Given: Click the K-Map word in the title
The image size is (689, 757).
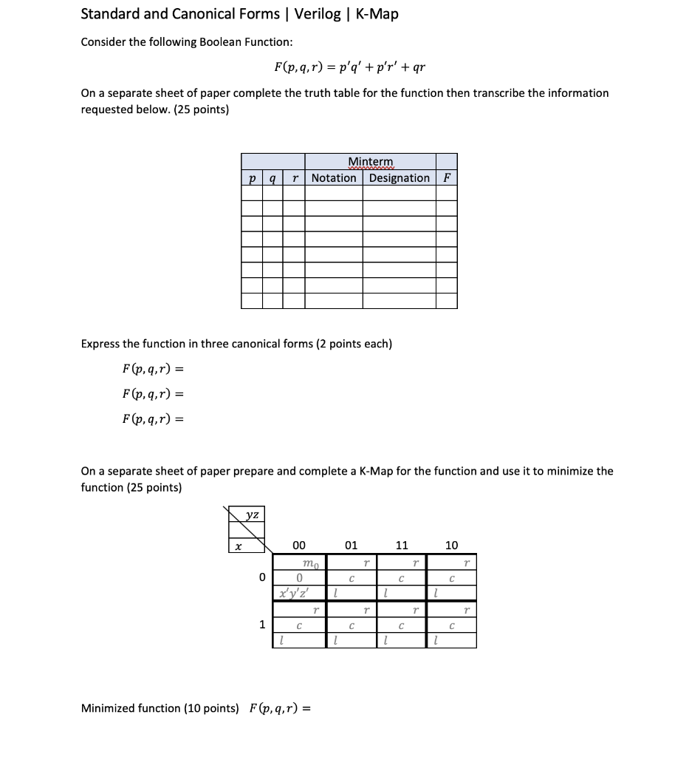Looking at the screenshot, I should tap(377, 14).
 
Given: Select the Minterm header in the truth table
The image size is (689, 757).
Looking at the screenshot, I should tap(371, 162).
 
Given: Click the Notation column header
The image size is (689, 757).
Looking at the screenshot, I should tap(334, 178).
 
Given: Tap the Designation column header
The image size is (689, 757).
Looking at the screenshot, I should tap(400, 178).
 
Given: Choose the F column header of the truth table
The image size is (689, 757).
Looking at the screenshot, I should tap(446, 178).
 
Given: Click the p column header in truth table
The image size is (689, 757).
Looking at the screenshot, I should tap(253, 178).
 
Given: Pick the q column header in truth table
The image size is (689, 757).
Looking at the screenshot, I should tap(273, 178).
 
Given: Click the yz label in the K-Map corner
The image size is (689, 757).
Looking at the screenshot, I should tap(252, 515).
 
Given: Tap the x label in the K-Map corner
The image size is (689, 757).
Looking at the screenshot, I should tap(237, 546).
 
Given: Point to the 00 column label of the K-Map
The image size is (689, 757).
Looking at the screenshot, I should tap(299, 546).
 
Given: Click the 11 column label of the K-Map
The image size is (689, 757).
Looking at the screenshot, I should tap(401, 546).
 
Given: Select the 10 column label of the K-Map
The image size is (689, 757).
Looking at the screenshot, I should tap(452, 546).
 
